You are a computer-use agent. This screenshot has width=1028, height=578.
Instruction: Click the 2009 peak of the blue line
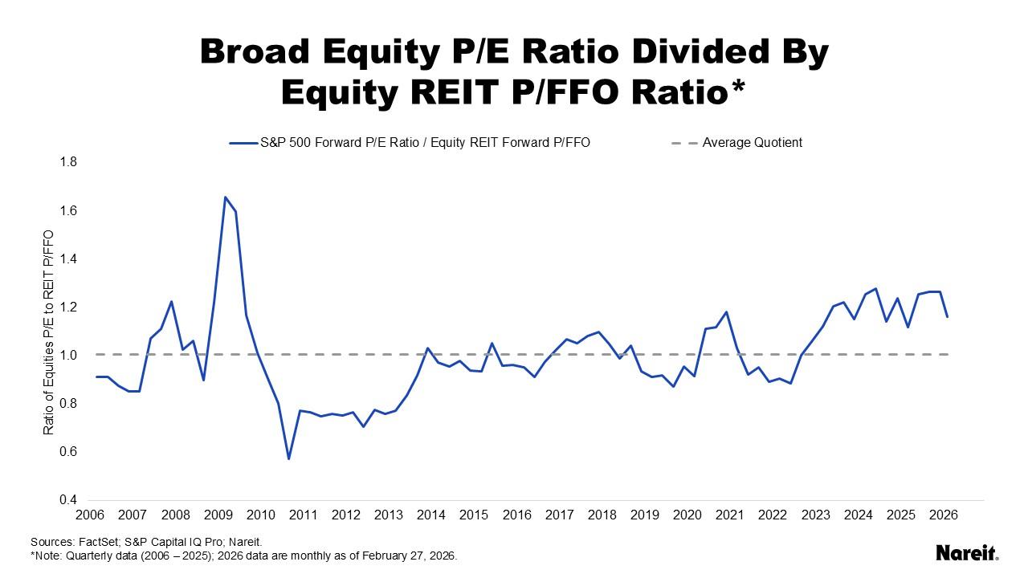225,197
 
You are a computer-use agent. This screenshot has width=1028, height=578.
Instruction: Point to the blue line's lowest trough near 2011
288,458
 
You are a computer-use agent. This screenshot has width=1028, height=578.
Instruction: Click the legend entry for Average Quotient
752,143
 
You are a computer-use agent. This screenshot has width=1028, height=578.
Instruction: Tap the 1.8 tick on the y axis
68,162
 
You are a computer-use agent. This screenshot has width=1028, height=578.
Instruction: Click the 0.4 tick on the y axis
68,499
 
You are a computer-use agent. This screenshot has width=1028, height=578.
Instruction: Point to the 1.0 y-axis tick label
68,355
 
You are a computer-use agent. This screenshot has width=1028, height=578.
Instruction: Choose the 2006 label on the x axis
91,515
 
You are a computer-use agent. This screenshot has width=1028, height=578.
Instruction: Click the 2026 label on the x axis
944,515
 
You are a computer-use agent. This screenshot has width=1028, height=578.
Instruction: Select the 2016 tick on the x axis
517,515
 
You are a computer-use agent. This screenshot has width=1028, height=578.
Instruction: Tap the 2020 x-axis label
687,515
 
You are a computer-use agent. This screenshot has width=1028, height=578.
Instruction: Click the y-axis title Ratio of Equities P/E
49,332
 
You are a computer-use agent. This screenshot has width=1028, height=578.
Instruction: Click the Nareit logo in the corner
967,552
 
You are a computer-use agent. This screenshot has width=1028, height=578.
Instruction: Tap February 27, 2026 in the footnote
411,555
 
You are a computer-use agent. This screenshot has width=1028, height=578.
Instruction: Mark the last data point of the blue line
948,316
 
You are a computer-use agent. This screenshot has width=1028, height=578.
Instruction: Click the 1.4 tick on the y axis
68,258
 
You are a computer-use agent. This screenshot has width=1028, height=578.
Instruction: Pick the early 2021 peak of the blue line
727,312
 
